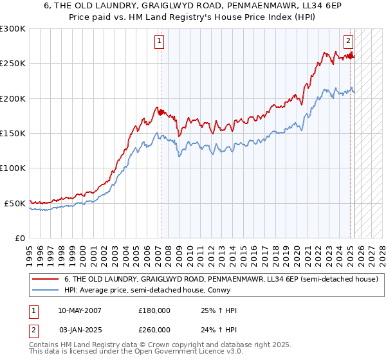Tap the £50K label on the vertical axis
pos(15,203)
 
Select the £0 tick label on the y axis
pos(20,238)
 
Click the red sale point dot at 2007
pos(161,113)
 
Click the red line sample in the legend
pos(46,280)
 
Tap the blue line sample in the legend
pos(46,290)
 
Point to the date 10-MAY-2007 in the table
pos(80,310)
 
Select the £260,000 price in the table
pos(154,330)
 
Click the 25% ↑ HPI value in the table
pos(219,310)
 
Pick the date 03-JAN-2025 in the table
pos(80,330)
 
